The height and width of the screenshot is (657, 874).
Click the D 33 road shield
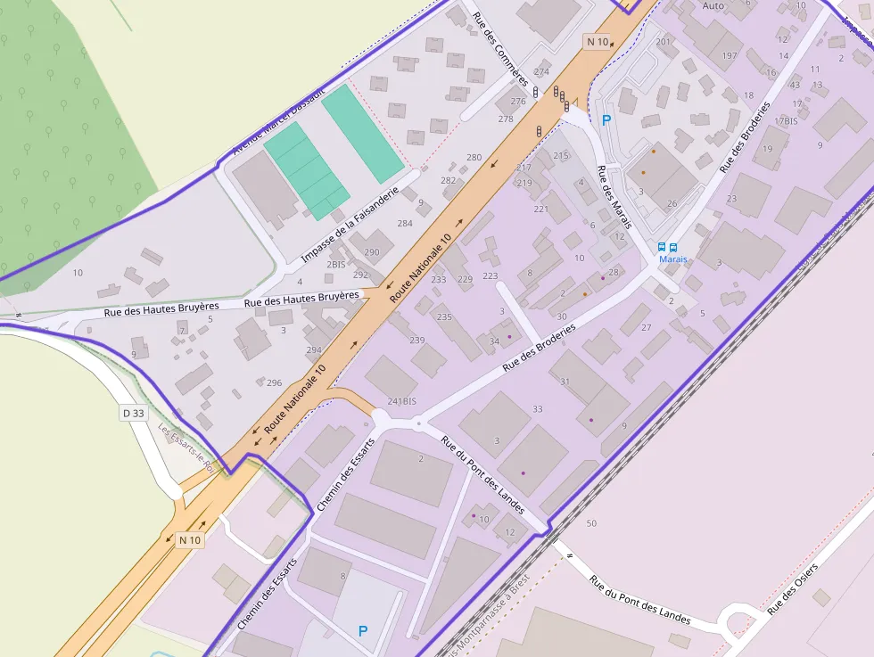[133, 413]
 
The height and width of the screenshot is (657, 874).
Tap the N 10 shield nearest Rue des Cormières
[597, 41]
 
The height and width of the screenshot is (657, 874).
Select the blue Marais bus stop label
[673, 259]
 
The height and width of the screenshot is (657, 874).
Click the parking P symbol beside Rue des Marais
[606, 120]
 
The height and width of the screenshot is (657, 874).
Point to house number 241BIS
[402, 401]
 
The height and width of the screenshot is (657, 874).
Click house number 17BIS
[786, 120]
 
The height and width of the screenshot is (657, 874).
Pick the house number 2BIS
[336, 265]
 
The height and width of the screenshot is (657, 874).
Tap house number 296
[274, 383]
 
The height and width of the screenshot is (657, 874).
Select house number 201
[663, 42]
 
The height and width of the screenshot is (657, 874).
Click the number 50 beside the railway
[591, 522]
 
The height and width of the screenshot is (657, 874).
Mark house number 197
[730, 55]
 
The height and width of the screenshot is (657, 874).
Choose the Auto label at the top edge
[713, 5]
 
